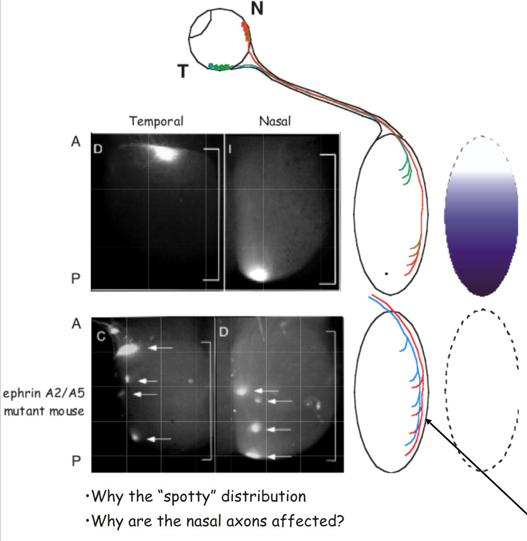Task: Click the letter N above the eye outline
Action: (258, 9)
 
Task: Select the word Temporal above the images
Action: (156, 121)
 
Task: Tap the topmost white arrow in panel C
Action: (161, 348)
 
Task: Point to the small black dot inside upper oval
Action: (387, 273)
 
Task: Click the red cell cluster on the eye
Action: (246, 31)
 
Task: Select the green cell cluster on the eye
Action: (220, 67)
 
